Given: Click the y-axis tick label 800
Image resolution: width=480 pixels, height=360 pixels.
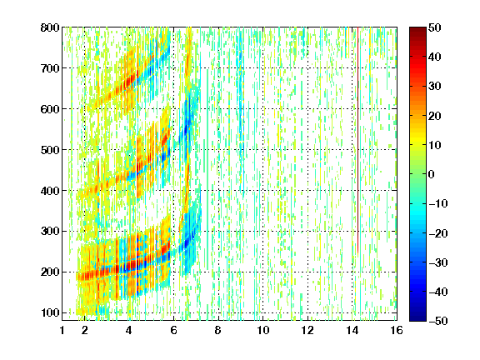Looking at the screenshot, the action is [50, 27].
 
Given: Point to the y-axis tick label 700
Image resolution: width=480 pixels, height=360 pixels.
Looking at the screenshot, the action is [50, 68].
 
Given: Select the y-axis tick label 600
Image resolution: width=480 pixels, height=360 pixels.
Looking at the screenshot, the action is [50, 109].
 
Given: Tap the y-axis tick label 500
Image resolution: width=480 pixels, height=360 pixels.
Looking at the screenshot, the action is [50, 150].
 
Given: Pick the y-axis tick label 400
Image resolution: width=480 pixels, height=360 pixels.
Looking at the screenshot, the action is [50, 191].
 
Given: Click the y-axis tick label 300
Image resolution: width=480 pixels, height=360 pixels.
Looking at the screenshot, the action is [50, 232].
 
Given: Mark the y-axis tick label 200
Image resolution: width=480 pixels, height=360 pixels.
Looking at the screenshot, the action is [50, 272].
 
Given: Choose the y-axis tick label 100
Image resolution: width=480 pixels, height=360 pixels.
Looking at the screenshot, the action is [50, 312].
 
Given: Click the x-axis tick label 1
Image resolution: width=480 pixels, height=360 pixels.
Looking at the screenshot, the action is [62, 330].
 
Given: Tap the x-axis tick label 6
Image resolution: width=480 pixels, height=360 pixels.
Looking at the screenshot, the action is [173, 330].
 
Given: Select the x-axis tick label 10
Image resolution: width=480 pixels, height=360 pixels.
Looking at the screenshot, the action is [263, 330].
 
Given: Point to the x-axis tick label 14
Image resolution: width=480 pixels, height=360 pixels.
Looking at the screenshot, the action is [352, 330].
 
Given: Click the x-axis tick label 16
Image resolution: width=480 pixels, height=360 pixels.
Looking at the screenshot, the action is [397, 330].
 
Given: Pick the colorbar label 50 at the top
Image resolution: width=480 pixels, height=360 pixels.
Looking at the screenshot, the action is [435, 27].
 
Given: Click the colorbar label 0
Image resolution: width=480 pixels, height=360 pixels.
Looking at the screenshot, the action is [432, 174].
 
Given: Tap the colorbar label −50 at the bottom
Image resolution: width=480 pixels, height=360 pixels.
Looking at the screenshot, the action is [438, 321].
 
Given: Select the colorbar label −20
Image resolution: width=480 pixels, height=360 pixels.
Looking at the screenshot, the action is [438, 233].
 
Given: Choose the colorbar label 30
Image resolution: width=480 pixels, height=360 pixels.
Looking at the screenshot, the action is [435, 87].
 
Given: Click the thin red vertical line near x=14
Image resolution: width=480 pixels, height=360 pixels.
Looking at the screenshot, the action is [357, 140].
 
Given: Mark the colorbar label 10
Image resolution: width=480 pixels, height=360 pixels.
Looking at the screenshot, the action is [435, 145].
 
